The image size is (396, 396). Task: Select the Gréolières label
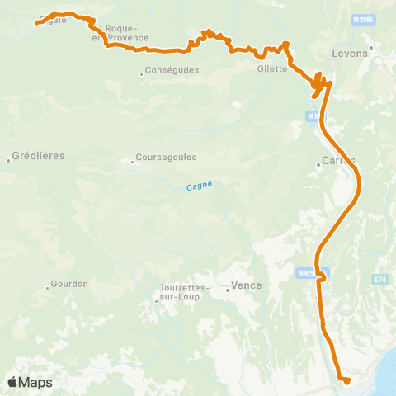39,155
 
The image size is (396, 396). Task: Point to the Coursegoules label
166,161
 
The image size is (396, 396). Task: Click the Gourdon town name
69,284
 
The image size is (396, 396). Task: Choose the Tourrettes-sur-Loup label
181,292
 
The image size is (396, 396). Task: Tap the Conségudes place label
172,70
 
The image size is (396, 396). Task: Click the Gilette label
272,68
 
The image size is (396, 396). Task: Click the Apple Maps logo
29,382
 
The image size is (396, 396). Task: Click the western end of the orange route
36,23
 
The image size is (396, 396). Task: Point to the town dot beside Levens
372,47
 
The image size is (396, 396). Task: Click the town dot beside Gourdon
46,288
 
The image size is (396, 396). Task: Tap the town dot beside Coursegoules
133,161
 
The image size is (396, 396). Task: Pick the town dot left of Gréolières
8,158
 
